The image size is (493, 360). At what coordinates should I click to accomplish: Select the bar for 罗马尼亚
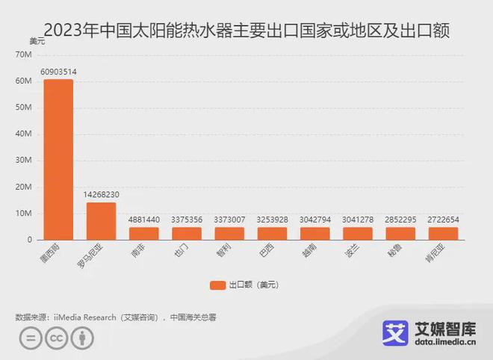[101, 221]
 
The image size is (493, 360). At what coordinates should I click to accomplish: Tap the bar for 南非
[144, 233]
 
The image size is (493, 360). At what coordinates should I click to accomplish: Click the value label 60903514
[58, 72]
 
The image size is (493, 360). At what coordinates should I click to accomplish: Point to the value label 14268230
[101, 195]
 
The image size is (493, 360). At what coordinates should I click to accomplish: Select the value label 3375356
[187, 220]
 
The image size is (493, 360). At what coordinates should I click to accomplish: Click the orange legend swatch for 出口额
[218, 285]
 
